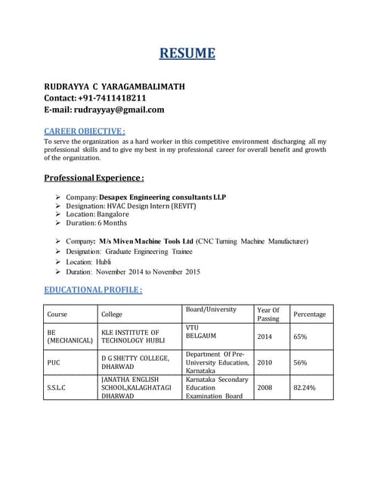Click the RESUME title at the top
click(x=187, y=53)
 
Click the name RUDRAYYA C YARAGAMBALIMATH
click(x=114, y=86)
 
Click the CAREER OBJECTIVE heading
click(x=85, y=131)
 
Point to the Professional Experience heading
click(x=94, y=178)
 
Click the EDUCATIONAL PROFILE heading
click(x=93, y=290)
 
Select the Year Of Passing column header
click(x=268, y=314)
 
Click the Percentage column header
click(x=309, y=314)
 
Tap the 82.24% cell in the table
click(x=304, y=387)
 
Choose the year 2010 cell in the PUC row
click(x=264, y=362)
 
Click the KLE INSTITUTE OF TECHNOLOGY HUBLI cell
click(x=130, y=337)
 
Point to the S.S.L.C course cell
click(x=57, y=387)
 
